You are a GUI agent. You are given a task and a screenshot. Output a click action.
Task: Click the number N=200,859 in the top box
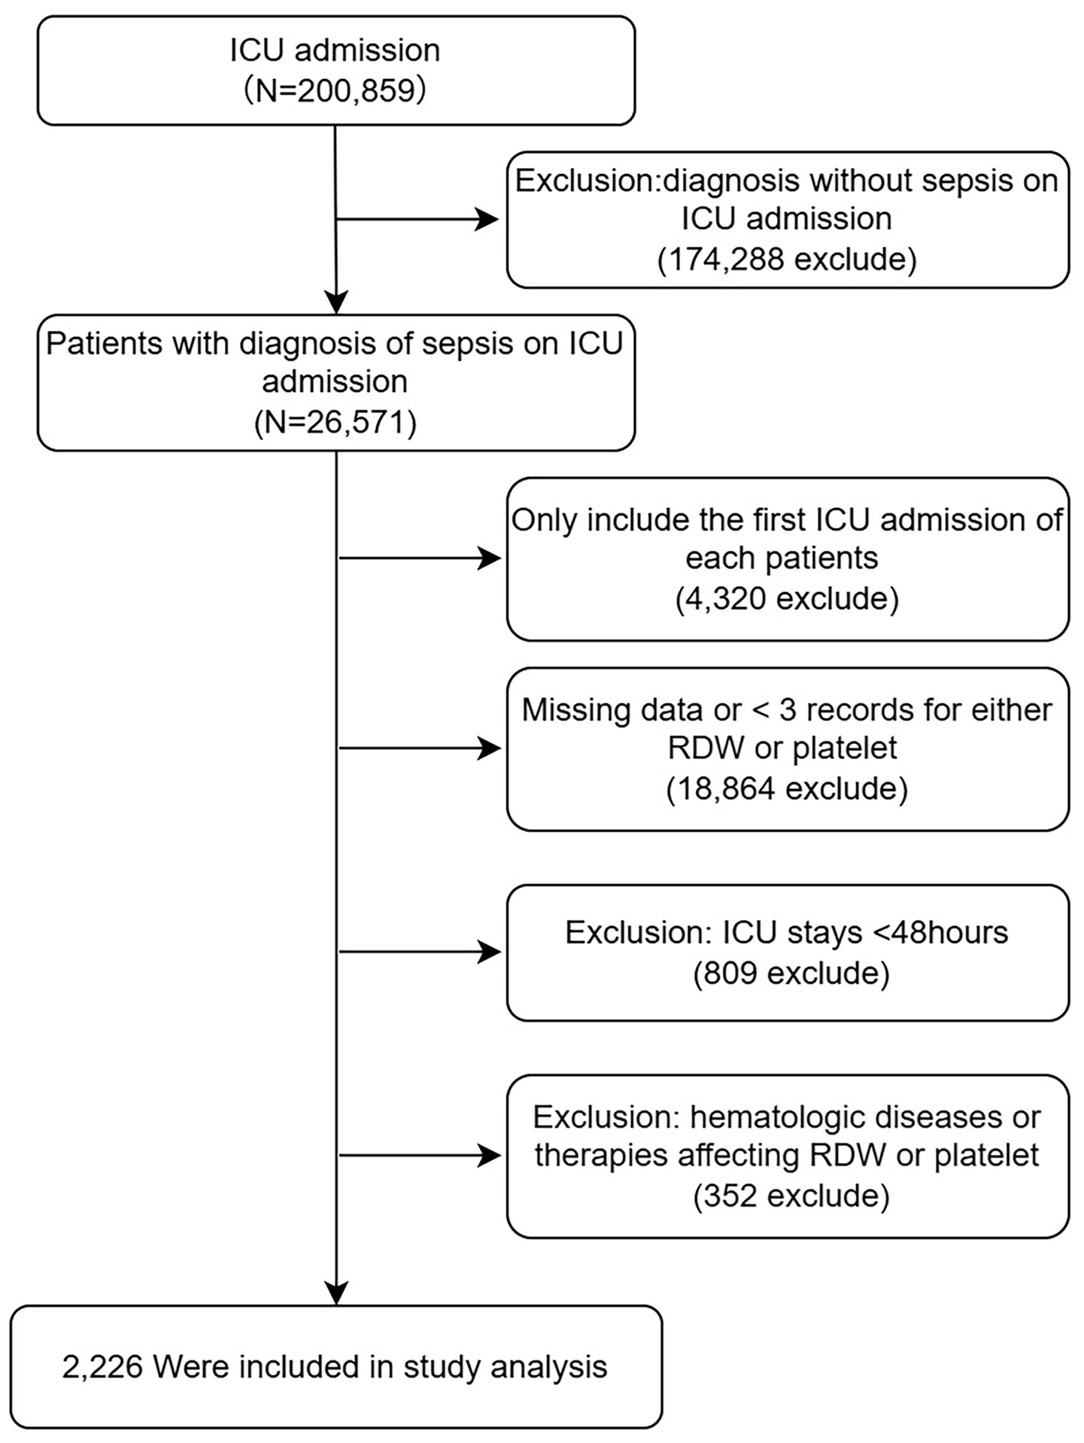tap(336, 90)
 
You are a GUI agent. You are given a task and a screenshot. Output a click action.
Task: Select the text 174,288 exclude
tap(787, 260)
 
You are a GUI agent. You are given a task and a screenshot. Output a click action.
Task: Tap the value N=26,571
tap(336, 423)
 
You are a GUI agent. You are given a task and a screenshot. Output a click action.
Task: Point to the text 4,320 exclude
tap(787, 599)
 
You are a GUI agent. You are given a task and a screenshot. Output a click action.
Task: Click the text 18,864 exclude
tap(787, 788)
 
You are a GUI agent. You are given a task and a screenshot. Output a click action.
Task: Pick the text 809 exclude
tap(791, 973)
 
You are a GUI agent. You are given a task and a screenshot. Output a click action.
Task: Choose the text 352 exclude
tap(791, 1195)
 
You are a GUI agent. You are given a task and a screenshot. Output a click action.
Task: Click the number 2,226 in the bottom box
tap(102, 1367)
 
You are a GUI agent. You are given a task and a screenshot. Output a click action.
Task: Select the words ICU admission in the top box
tap(336, 50)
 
